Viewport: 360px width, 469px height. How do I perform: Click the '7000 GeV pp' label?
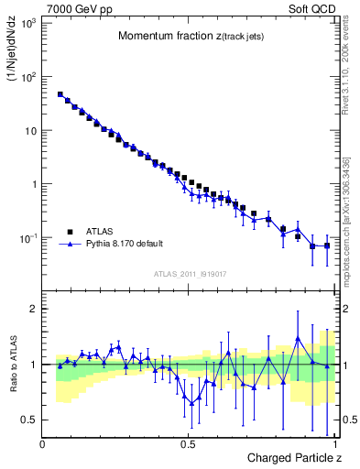point(74,9)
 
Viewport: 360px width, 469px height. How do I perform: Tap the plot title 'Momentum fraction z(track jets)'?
point(189,36)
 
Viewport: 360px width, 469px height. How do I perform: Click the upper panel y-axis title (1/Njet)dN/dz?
point(12,56)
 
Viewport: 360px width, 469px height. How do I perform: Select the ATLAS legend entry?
point(100,232)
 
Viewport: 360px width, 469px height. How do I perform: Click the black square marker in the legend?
point(71,232)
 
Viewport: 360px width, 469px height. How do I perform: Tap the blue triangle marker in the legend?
point(71,245)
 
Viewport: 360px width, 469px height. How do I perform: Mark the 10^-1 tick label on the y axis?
point(27,238)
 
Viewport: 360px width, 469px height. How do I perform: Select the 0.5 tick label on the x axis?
point(188,444)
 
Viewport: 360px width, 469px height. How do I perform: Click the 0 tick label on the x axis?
point(43,444)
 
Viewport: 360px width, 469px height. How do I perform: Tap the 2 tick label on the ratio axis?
point(33,309)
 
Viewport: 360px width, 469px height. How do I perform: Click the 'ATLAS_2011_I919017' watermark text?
point(189,272)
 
